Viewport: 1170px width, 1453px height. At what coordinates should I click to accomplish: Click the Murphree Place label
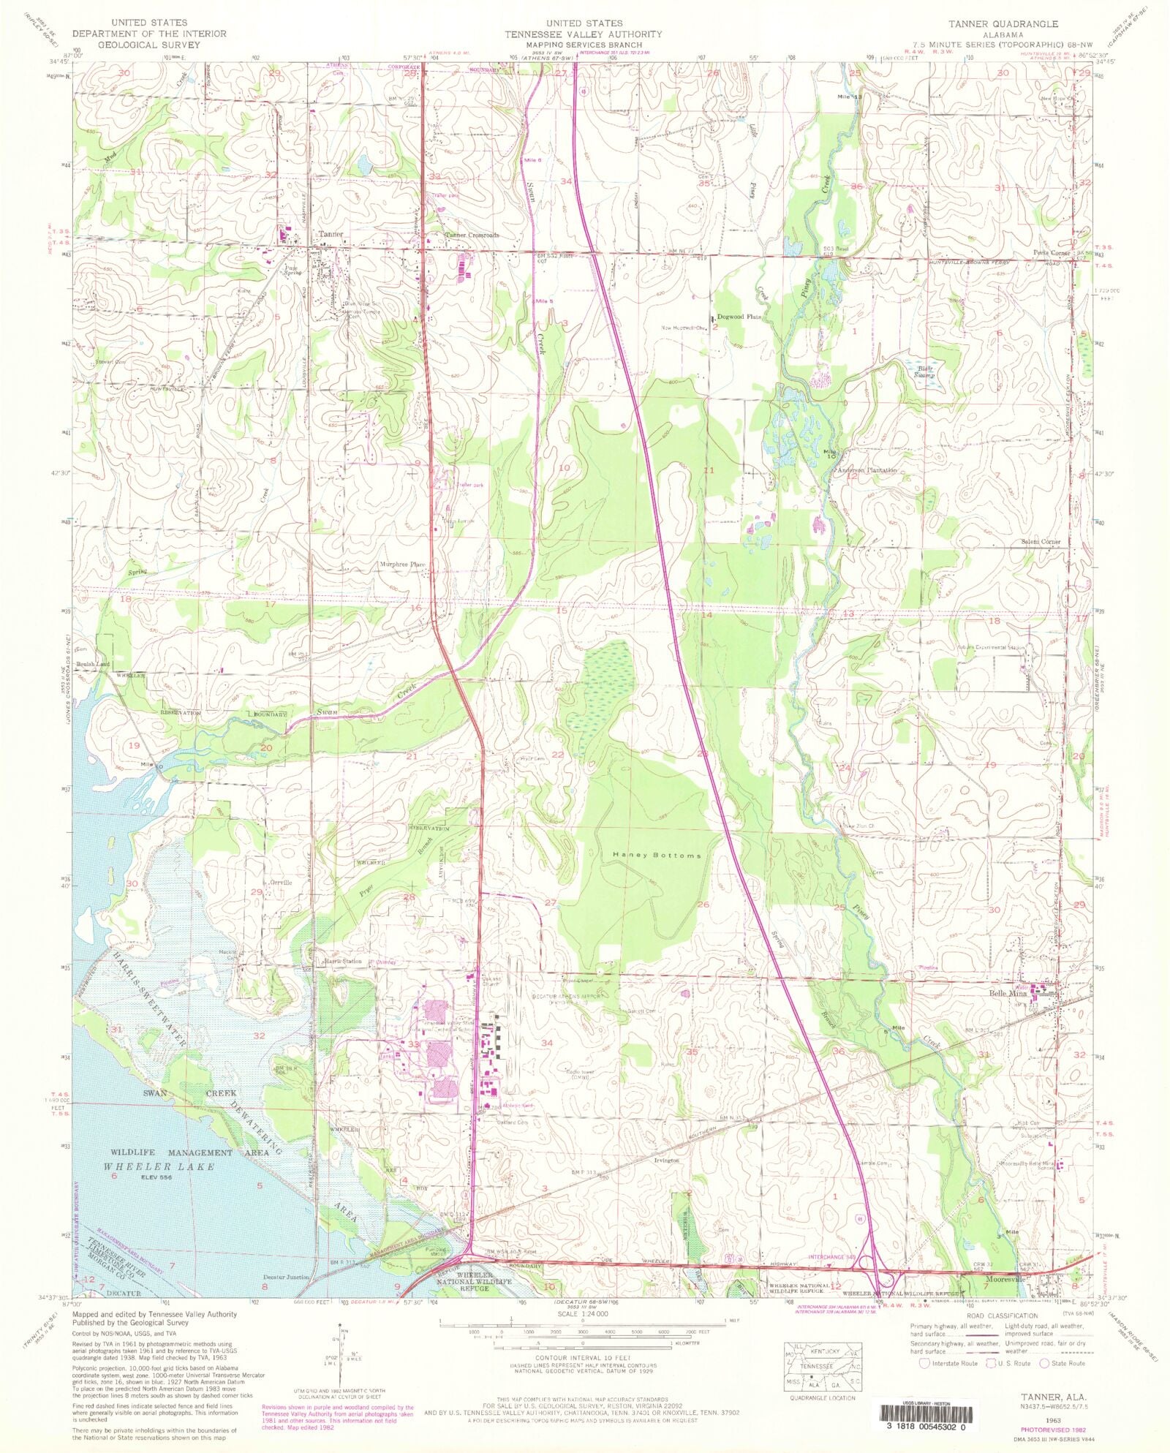pos(402,565)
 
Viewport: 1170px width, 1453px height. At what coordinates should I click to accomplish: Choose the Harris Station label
pos(342,961)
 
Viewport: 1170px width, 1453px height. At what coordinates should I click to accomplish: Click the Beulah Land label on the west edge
pos(93,664)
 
